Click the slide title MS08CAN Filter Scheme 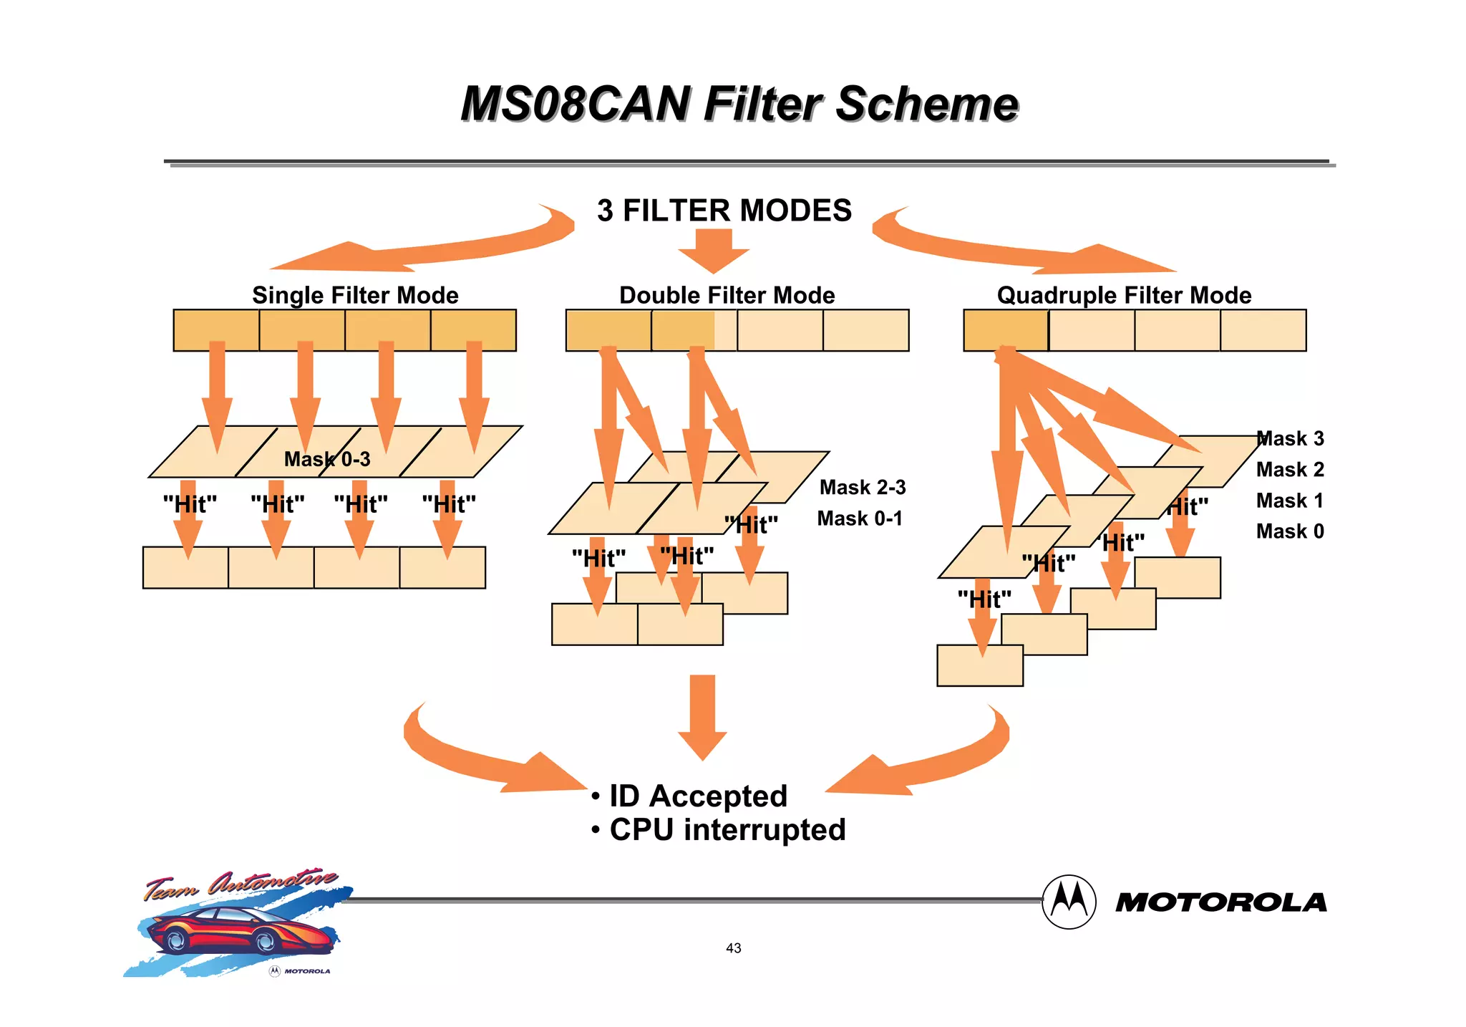pos(739,104)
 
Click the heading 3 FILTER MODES pos(724,211)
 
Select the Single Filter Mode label pos(355,295)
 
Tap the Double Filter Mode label pos(727,295)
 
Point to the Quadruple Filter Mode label pos(1124,295)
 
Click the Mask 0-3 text pos(327,459)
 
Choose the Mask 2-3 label pos(863,487)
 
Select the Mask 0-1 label pos(860,518)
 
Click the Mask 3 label pos(1291,438)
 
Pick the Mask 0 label pos(1290,531)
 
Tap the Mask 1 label pos(1290,501)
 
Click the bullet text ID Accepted pos(698,796)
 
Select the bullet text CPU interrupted pos(727,830)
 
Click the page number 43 pos(733,948)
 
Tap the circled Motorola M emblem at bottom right pos(1069,902)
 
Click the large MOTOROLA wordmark pos(1221,902)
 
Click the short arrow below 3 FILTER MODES pos(714,251)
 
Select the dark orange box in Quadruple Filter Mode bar pos(1006,330)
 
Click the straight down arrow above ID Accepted pos(702,716)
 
